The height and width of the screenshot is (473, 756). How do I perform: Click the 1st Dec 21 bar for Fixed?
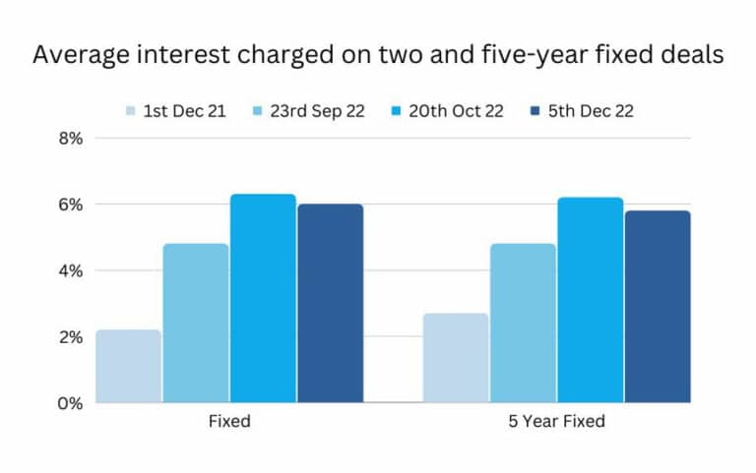129,366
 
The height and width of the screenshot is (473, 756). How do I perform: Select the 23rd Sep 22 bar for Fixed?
196,324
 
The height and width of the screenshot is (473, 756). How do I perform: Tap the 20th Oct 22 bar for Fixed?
263,299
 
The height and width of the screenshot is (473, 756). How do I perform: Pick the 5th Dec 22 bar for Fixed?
331,304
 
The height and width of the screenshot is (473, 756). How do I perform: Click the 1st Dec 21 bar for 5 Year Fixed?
456,358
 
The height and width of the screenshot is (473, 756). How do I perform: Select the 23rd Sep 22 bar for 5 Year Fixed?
523,324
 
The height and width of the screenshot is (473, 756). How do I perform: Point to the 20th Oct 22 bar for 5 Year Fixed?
591,300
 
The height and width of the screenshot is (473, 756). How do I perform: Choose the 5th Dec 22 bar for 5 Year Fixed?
658,307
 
